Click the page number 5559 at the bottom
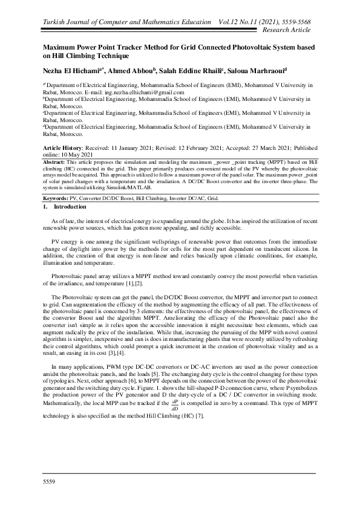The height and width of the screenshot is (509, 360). pyautogui.click(x=48, y=480)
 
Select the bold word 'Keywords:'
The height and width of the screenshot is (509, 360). pyautogui.click(x=56, y=198)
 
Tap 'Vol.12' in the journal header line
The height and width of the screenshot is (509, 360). pyautogui.click(x=234, y=22)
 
